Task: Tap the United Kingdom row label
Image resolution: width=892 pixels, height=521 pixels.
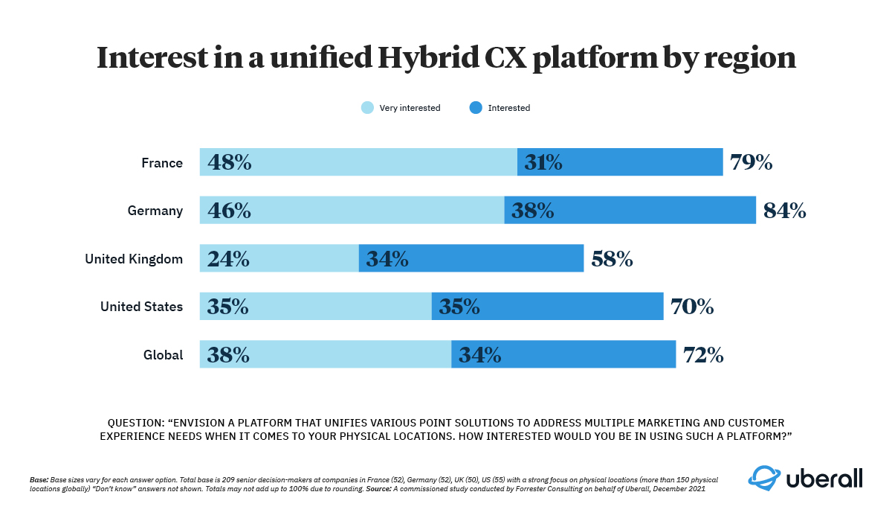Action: tap(134, 259)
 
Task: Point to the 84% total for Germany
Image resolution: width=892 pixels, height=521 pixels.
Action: tap(785, 211)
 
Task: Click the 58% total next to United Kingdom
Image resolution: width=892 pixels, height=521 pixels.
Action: tap(612, 259)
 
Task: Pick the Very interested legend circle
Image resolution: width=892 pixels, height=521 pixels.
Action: tap(367, 108)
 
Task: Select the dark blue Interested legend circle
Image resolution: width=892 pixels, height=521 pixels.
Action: tap(476, 108)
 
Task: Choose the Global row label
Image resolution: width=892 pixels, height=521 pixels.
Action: tap(163, 355)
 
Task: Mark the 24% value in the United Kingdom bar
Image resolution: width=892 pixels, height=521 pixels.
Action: tap(228, 259)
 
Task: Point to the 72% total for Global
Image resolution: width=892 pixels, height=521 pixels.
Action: tap(703, 355)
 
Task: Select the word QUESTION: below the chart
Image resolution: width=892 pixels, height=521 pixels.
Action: tap(138, 422)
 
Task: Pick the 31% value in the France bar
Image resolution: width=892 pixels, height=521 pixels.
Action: tap(543, 162)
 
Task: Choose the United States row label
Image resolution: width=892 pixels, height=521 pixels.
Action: tap(141, 307)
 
